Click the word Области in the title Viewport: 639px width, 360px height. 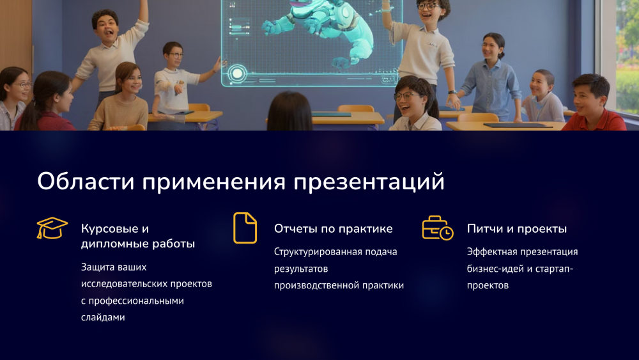pyautogui.click(x=86, y=181)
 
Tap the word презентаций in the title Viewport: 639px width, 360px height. pyautogui.click(x=369, y=182)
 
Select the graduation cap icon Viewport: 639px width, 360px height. pyautogui.click(x=52, y=228)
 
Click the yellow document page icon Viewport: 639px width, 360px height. pyautogui.click(x=245, y=228)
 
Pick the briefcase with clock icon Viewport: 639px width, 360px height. pyautogui.click(x=438, y=228)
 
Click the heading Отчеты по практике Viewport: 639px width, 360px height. pyautogui.click(x=334, y=229)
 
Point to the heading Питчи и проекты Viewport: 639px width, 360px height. pyautogui.click(x=517, y=229)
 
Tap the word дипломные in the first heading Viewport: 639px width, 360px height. pyautogui.click(x=114, y=244)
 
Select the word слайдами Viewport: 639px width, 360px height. pyautogui.click(x=103, y=317)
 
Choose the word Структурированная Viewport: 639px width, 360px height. pyautogui.click(x=313, y=252)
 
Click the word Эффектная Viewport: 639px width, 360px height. pyautogui.click(x=488, y=251)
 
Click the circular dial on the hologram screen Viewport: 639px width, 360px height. pyautogui.click(x=237, y=74)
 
